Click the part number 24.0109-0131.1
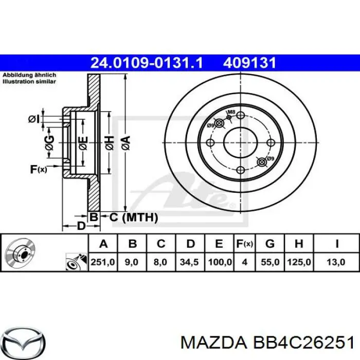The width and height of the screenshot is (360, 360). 147,63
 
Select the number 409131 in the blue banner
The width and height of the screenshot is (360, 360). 250,63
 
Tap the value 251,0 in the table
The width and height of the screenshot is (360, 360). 102,262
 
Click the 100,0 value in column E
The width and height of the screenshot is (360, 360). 220,262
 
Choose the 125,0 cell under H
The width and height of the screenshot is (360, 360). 300,262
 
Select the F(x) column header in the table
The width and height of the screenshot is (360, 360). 244,243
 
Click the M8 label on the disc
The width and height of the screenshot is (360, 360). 231,112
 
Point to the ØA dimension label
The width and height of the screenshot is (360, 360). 125,141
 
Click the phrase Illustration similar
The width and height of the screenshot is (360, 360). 29,82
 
